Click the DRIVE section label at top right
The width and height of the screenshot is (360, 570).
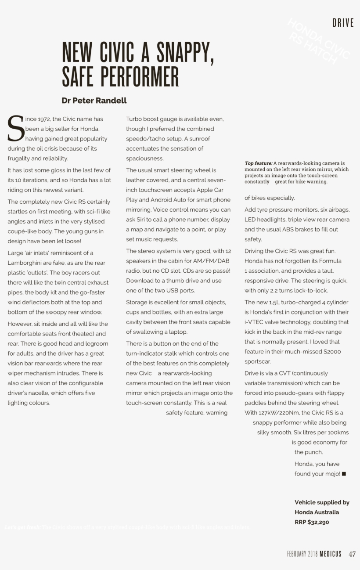point(343,23)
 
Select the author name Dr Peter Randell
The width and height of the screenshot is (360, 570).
point(94,101)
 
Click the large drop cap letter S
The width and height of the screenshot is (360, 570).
point(15,128)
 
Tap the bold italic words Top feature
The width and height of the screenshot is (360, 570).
point(258,163)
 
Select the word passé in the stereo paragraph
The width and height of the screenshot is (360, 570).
point(220,271)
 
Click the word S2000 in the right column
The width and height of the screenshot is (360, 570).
point(331,352)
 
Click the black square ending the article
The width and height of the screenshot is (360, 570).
point(344,474)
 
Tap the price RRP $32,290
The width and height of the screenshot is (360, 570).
point(312,522)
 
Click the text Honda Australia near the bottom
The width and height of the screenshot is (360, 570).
point(317,512)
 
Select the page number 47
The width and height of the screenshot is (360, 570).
point(352,554)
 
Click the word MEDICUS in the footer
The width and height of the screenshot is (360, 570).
point(330,554)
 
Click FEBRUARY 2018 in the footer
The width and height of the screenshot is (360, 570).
point(302,554)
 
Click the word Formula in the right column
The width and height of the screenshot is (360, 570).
point(331,261)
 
